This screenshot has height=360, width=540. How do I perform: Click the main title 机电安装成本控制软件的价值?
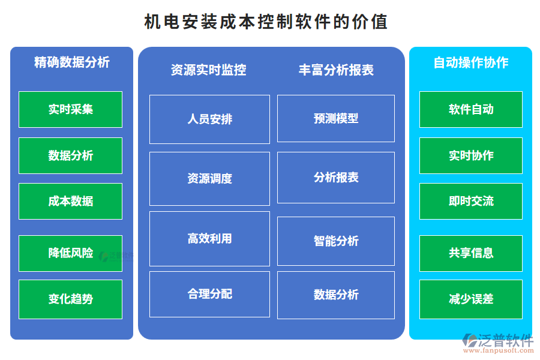266,22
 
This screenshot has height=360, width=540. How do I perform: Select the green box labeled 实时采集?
70,109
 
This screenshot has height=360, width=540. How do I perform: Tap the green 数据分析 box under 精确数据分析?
70,155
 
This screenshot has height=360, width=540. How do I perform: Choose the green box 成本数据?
70,201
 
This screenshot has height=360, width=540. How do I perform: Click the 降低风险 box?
70,253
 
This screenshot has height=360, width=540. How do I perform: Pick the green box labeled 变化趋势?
70,299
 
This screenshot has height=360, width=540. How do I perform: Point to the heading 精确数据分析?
71,62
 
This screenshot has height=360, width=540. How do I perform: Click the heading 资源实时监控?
208,70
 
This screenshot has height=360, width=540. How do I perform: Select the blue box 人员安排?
209,119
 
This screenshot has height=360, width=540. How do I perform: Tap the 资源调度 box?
209,178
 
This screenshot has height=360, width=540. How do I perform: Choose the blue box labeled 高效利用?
209,238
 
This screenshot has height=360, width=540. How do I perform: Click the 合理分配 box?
209,294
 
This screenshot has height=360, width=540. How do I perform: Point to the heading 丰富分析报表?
336,70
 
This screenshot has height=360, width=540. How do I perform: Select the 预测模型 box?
335,118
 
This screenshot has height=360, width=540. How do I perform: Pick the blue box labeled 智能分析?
335,241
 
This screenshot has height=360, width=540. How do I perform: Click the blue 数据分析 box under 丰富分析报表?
335,295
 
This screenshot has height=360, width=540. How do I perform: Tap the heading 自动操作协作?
470,62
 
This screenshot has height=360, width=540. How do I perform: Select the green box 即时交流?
470,201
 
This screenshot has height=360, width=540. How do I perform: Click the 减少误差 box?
470,299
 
